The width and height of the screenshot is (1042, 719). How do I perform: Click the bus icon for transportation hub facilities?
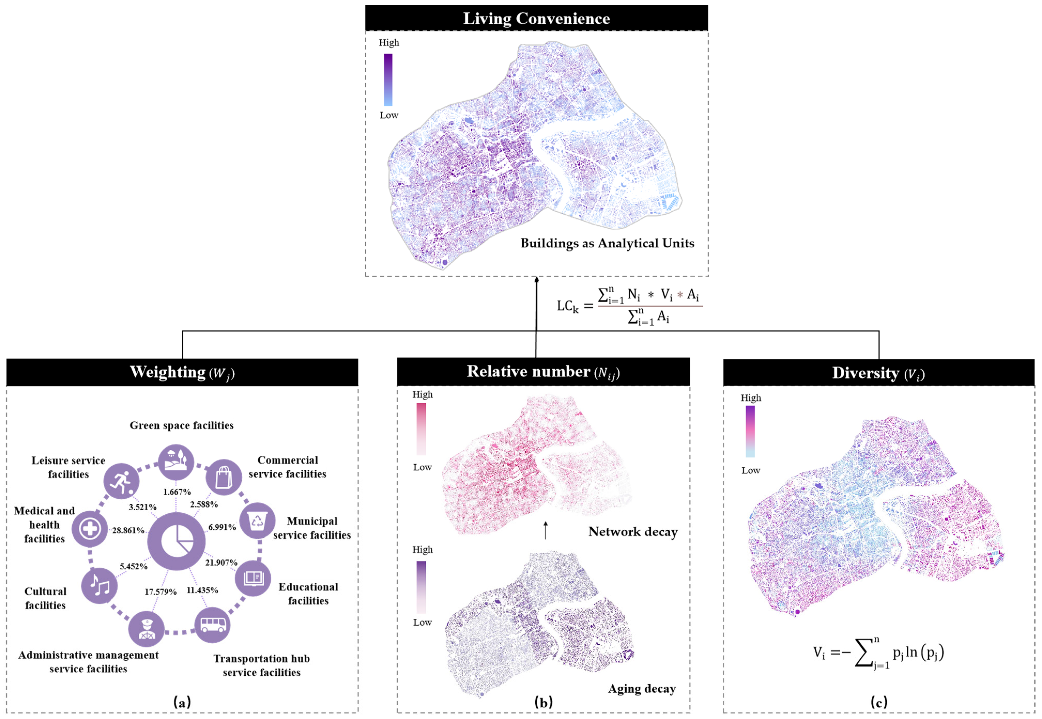212,625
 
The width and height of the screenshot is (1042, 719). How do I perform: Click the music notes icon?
99,586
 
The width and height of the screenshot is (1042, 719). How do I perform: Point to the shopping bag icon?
224,477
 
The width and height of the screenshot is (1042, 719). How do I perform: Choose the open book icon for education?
253,578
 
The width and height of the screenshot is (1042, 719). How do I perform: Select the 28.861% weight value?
128,530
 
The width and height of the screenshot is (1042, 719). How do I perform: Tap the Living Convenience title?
536,19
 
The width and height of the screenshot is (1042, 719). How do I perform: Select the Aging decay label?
642,689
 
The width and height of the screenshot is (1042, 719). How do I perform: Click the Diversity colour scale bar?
750,432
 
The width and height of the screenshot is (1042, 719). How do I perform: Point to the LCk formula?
630,306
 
